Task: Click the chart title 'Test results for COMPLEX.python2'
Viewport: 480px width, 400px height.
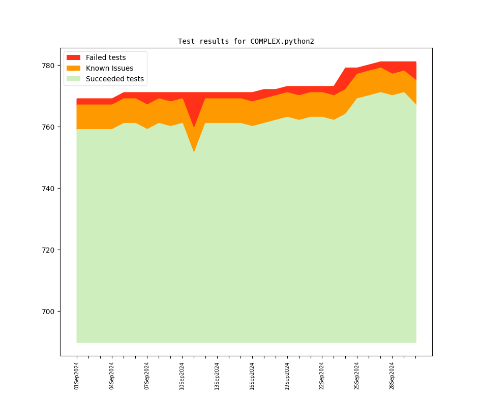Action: pyautogui.click(x=246, y=41)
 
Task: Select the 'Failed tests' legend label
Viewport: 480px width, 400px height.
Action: pyautogui.click(x=106, y=57)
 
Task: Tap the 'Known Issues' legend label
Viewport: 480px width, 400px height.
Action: pyautogui.click(x=109, y=68)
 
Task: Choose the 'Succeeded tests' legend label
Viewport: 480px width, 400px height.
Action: pyautogui.click(x=114, y=79)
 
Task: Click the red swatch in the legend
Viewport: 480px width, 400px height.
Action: pyautogui.click(x=73, y=57)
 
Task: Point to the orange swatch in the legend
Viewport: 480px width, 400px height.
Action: pyautogui.click(x=73, y=68)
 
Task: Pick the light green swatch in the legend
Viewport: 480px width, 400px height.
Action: pyautogui.click(x=73, y=79)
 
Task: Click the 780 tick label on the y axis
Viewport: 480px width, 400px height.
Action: pyautogui.click(x=49, y=66)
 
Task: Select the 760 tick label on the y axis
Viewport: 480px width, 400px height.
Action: pyautogui.click(x=49, y=127)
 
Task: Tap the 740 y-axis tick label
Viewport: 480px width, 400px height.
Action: pyautogui.click(x=49, y=189)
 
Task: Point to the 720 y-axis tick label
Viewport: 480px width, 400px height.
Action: pyautogui.click(x=49, y=250)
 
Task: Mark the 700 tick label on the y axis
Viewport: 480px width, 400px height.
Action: pyautogui.click(x=49, y=312)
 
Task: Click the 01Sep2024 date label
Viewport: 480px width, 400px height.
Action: pyautogui.click(x=77, y=376)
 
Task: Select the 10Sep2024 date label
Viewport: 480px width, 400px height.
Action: pyautogui.click(x=182, y=376)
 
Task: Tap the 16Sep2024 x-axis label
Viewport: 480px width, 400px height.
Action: pyautogui.click(x=252, y=376)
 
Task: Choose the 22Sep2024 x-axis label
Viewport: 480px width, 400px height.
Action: pyautogui.click(x=322, y=376)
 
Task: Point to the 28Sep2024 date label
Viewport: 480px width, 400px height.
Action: pyautogui.click(x=392, y=376)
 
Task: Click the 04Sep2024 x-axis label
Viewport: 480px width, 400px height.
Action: pyautogui.click(x=112, y=376)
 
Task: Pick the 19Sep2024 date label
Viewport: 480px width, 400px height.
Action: pyautogui.click(x=287, y=376)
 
